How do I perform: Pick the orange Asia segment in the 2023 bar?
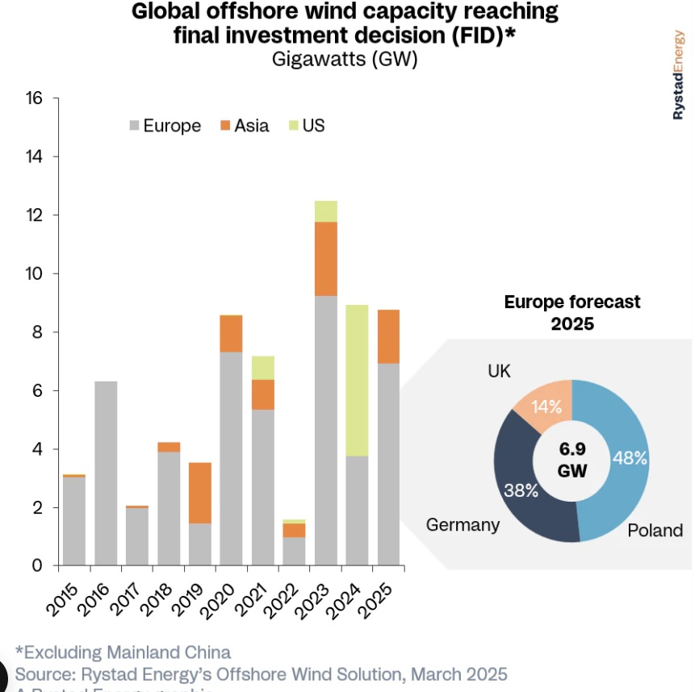click(x=326, y=258)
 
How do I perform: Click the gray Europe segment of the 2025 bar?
click(x=389, y=464)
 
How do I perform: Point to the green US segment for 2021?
click(x=263, y=367)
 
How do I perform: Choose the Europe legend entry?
click(x=165, y=126)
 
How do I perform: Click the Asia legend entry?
click(x=244, y=126)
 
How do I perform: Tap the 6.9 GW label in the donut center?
click(x=571, y=459)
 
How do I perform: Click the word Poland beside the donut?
click(x=655, y=530)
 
